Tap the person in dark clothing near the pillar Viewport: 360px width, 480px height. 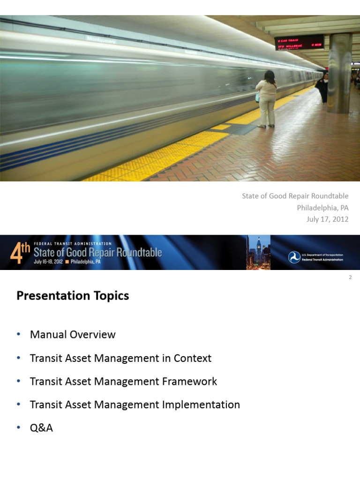tap(322, 88)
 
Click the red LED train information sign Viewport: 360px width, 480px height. tap(299, 42)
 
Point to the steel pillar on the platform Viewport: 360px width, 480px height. tap(339, 73)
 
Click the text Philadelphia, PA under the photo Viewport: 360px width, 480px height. tap(322, 207)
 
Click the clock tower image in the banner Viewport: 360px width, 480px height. tap(259, 252)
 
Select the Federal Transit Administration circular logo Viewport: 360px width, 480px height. tap(294, 257)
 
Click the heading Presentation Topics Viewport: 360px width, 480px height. tap(73, 296)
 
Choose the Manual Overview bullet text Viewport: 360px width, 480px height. tap(73, 335)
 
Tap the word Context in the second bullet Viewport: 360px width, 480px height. tap(192, 358)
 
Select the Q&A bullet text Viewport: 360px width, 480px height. tap(41, 427)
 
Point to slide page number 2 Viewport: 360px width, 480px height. tap(350, 277)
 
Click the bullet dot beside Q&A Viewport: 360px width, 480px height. tap(18, 427)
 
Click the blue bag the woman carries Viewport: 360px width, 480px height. tap(257, 97)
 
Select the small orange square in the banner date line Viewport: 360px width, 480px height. tap(67, 262)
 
